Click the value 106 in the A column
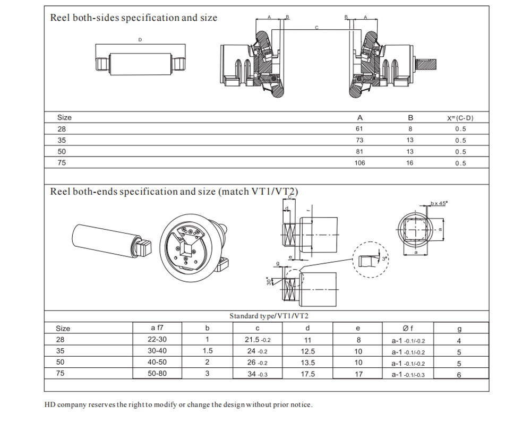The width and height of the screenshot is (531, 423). (360, 163)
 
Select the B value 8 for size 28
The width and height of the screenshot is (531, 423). (410, 129)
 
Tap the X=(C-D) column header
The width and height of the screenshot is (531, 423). (460, 118)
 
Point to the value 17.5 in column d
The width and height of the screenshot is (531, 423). (307, 374)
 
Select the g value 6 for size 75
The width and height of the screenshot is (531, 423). (459, 374)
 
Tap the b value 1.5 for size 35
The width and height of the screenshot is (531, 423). (208, 351)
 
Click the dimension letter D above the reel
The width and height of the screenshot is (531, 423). (140, 40)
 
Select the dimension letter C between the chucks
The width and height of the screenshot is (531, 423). (316, 27)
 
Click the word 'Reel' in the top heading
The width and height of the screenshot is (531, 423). (59, 18)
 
